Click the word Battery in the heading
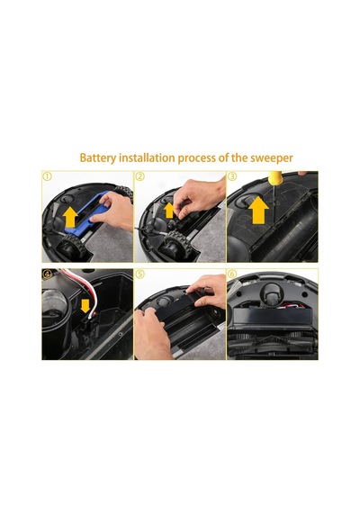[97, 158]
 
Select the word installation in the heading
[147, 157]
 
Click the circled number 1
[48, 176]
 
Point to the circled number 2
[140, 176]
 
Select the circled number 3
[232, 176]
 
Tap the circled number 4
[48, 274]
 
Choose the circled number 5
[140, 274]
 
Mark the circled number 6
[232, 274]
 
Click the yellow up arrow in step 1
[70, 217]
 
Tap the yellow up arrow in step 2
[169, 210]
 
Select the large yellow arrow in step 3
[258, 210]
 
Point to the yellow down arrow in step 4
[85, 306]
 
